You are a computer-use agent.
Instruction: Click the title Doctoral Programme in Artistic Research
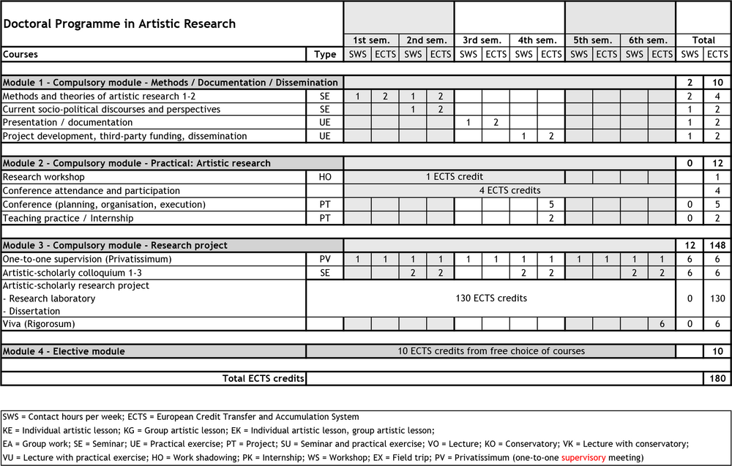pos(119,23)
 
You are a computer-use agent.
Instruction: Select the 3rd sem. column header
pos(482,40)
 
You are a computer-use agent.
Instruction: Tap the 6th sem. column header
pos(647,40)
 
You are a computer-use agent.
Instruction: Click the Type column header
pos(325,54)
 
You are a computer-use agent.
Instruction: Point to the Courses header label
pos(20,54)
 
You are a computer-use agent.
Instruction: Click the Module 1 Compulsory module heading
pos(171,83)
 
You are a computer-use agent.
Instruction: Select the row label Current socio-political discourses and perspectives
pos(111,109)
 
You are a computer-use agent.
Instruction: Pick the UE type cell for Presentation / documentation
pos(325,122)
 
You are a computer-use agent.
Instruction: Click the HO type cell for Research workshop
pos(325,177)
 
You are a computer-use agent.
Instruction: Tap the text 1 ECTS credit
pos(454,177)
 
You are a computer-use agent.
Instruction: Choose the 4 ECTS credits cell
pos(509,190)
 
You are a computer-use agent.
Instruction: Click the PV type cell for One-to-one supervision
pos(325,259)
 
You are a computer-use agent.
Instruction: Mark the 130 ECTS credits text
pos(490,298)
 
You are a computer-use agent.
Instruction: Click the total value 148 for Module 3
pos(717,245)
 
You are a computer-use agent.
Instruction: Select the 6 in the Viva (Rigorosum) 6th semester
pos(661,323)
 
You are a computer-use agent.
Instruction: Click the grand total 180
pos(717,378)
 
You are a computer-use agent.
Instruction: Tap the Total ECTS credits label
pos(262,378)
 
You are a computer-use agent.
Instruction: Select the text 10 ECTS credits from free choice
pos(490,351)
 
